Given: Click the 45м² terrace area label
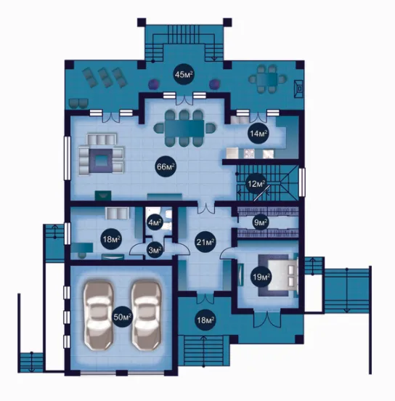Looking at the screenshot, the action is [x=184, y=75].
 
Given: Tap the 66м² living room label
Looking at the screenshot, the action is [x=166, y=167].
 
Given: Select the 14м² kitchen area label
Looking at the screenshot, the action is [x=258, y=133].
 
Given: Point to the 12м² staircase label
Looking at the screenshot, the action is [x=256, y=183].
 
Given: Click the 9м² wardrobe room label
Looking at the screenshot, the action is [x=260, y=222].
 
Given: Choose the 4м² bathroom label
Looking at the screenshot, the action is [x=155, y=222].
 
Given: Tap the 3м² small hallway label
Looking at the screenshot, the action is [x=155, y=250].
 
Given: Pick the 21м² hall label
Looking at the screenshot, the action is [x=205, y=242].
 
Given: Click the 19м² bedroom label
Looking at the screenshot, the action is [x=261, y=277].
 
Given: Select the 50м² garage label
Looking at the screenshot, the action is [x=123, y=317].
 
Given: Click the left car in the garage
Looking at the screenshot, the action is [x=99, y=316].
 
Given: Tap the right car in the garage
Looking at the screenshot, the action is [x=146, y=316].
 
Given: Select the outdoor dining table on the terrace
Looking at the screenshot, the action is [x=267, y=78].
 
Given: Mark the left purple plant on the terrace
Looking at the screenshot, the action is [x=154, y=84].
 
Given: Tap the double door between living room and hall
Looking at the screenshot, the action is [x=205, y=208].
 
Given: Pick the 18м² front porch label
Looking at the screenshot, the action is [x=205, y=320].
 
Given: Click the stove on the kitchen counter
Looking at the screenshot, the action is [x=249, y=153].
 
